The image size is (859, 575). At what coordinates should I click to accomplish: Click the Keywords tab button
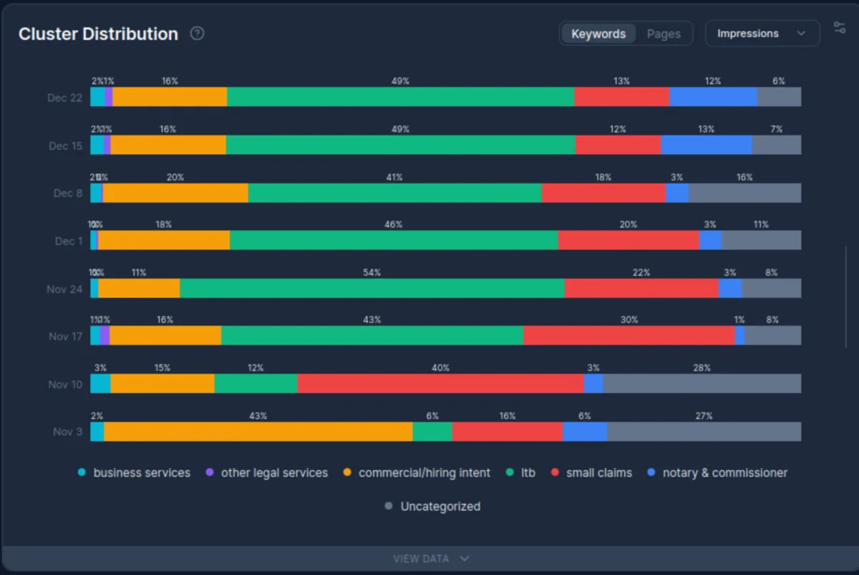pos(598,34)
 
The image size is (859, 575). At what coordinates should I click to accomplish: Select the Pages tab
pos(663,34)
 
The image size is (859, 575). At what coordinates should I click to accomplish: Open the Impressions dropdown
pos(762,34)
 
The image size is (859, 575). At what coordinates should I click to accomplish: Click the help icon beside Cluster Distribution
pos(198,34)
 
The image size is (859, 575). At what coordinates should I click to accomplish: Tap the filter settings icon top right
pos(840,28)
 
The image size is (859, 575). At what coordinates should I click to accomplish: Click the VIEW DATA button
pos(430,559)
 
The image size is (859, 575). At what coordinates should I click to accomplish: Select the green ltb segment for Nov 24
pos(372,289)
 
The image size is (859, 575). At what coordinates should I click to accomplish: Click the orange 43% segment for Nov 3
pos(258,432)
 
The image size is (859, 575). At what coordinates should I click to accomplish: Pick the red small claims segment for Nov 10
pos(440,384)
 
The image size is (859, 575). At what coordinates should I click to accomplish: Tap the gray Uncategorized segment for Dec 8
pos(744,193)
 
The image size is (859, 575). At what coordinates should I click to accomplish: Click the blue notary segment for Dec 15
pos(706,145)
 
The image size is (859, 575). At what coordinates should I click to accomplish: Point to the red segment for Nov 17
pos(629,336)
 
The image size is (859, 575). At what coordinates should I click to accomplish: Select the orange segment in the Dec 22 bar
pos(170,97)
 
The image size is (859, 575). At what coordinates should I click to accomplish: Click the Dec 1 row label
pos(69,241)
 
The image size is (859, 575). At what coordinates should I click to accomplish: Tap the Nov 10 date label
pos(65,385)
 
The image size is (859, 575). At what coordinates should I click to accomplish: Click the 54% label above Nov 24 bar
pos(372,273)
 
